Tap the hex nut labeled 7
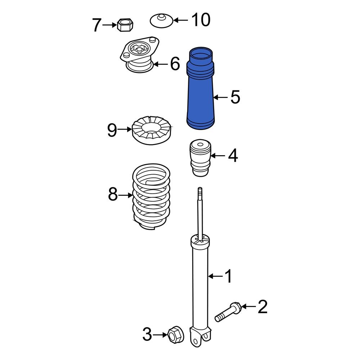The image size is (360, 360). click(x=125, y=25)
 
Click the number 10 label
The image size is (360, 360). click(x=201, y=20)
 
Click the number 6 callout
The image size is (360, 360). click(x=175, y=64)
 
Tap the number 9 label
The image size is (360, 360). click(x=112, y=130)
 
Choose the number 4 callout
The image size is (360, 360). click(x=233, y=156)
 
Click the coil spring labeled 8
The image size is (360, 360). click(x=151, y=198)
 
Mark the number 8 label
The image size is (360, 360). click(x=113, y=195)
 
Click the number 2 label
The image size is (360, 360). click(x=262, y=307)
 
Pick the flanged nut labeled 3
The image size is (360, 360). click(x=175, y=335)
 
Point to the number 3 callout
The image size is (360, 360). click(x=147, y=335)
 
